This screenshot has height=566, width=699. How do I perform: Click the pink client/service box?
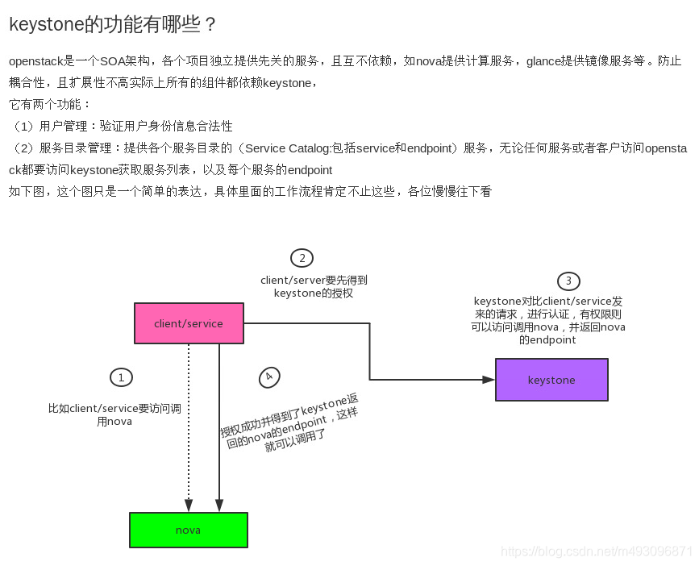coord(189,323)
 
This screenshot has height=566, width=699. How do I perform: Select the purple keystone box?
coord(551,380)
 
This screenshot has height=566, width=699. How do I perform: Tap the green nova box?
coord(189,530)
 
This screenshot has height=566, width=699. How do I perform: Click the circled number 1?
coord(121,377)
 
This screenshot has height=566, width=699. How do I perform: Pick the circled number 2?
coord(302,258)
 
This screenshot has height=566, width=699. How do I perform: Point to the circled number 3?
coord(568,281)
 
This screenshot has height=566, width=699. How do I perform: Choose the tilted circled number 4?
coord(269,377)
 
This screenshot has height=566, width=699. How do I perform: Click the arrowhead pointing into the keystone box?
coord(488,380)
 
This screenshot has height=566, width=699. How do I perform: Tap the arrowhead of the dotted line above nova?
coord(189,506)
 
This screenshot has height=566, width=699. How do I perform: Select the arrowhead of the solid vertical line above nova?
coord(219,506)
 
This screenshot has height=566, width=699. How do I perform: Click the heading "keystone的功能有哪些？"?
coord(113,24)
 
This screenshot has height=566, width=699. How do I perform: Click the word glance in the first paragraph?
coord(544,61)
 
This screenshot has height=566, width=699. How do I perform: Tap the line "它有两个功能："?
coord(50,105)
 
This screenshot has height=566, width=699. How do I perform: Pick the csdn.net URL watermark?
coord(596,551)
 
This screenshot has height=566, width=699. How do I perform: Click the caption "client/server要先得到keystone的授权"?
coord(314,286)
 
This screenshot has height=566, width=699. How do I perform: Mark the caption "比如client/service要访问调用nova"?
coord(114,414)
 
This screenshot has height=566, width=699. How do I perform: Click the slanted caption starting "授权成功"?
coord(290,424)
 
